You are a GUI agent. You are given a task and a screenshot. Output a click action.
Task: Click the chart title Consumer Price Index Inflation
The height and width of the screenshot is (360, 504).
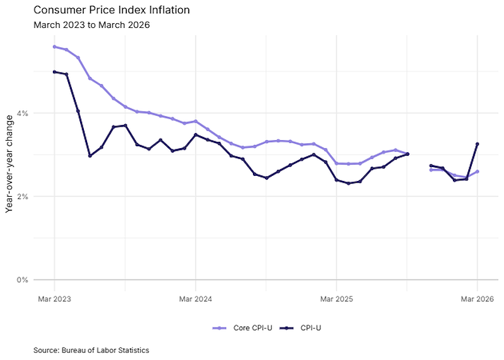point(111,11)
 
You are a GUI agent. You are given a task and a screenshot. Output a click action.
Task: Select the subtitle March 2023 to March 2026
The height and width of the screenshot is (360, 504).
point(91,25)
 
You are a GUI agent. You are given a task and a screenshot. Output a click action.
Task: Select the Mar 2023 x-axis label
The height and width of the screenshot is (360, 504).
point(54,299)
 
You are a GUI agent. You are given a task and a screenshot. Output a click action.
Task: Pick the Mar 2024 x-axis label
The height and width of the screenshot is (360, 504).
point(196,299)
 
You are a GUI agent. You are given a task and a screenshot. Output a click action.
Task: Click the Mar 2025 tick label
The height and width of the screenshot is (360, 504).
point(336,299)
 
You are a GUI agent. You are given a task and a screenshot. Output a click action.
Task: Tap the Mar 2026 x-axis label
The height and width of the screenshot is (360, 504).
point(477,299)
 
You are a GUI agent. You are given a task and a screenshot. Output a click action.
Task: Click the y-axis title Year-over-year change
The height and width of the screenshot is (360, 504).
point(9,164)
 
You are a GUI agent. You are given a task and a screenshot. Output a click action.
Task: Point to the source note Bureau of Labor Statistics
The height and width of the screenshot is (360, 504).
point(92,349)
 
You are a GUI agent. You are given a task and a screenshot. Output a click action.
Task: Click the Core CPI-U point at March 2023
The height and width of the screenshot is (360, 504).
point(54,47)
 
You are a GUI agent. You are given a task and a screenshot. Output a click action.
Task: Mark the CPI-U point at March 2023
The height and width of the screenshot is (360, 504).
point(54,72)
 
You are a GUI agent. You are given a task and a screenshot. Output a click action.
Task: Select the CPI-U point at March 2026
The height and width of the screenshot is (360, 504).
point(477,144)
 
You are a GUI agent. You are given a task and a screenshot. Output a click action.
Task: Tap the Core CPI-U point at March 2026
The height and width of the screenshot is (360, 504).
point(477,171)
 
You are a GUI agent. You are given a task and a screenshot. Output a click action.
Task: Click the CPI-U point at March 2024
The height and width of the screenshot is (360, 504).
point(196,135)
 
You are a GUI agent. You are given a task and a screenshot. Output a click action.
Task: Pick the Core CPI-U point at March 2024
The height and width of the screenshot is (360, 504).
point(196,121)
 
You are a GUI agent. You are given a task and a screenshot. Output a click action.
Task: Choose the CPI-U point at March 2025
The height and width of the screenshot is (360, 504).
point(336,180)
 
